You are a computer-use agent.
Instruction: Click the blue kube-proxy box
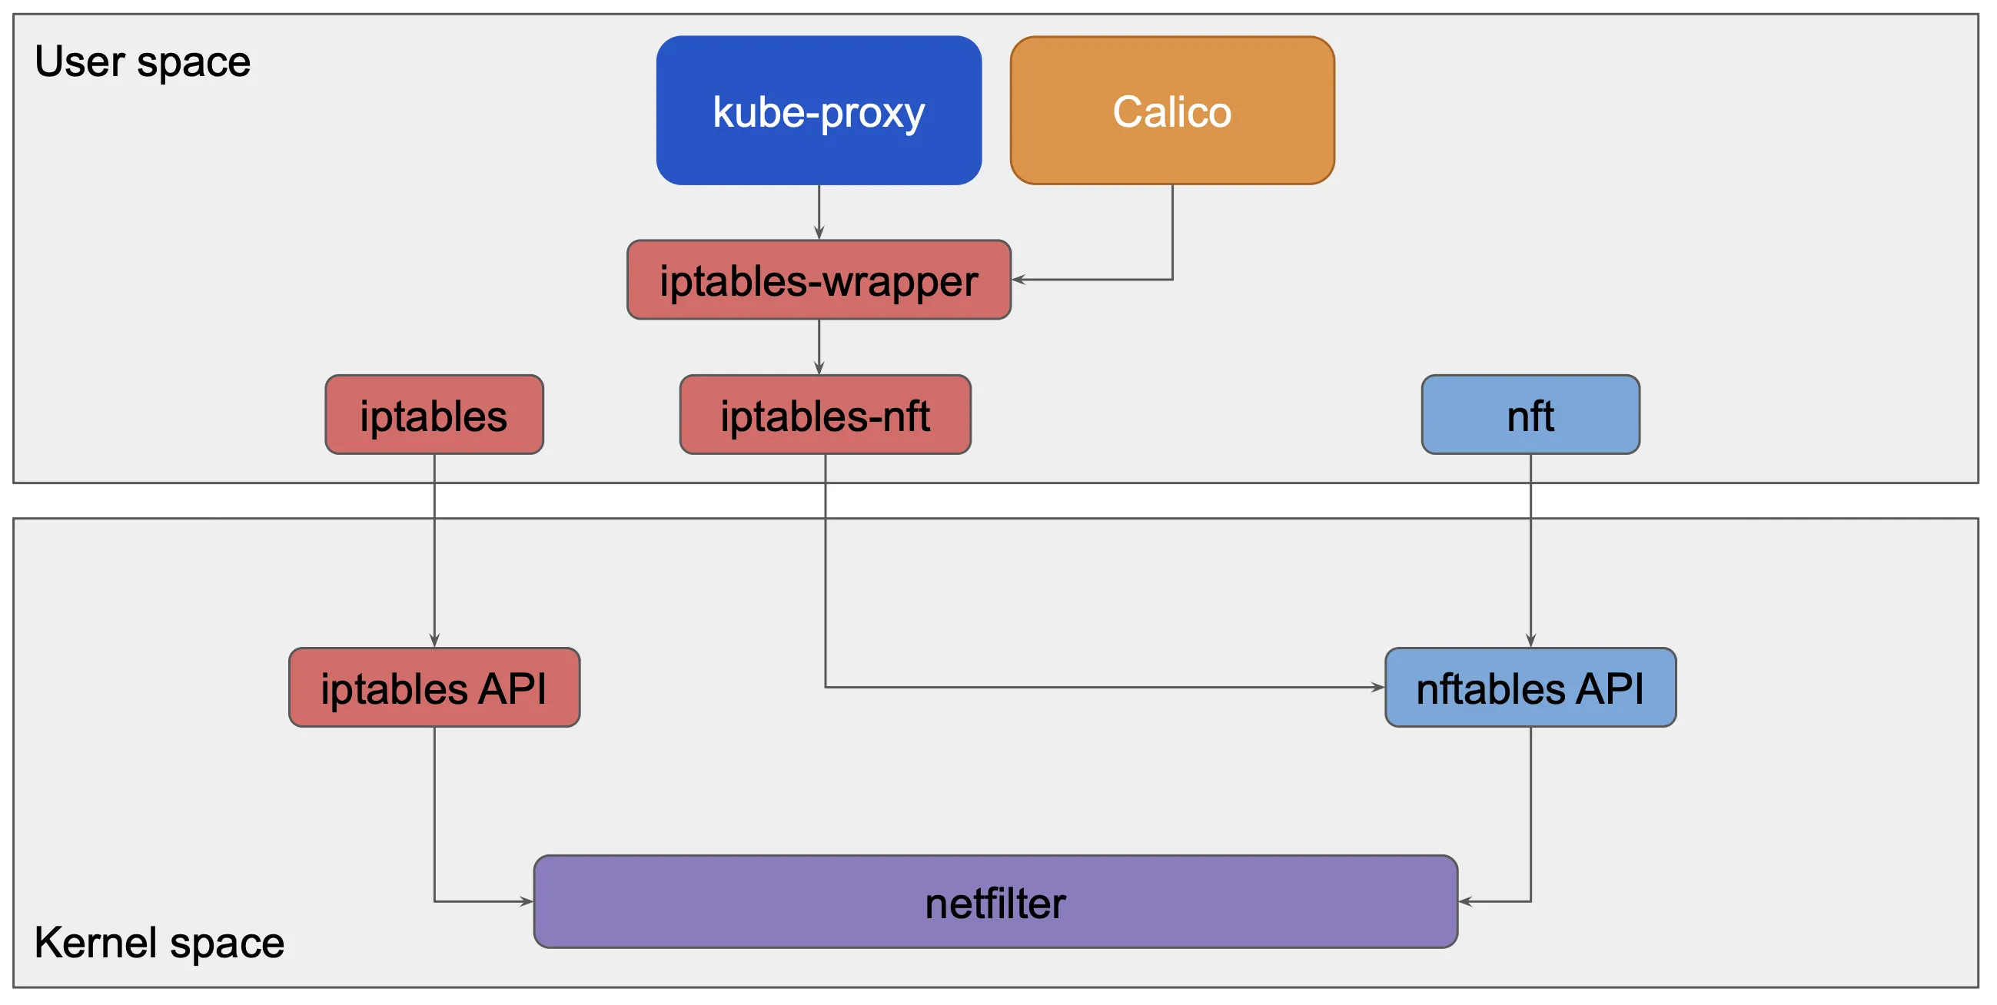(x=819, y=110)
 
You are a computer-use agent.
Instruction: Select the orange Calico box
(x=1172, y=110)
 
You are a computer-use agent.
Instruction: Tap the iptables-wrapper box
(x=819, y=280)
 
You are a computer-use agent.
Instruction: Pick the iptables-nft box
(x=825, y=415)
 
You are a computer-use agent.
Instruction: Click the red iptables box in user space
(x=434, y=415)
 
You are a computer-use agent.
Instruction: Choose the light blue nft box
(x=1530, y=415)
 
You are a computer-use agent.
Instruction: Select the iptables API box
(x=434, y=688)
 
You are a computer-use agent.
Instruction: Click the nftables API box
(x=1530, y=688)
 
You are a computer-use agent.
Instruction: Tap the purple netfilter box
(x=995, y=901)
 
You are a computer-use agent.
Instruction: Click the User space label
(x=143, y=62)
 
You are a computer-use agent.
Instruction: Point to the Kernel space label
(x=159, y=942)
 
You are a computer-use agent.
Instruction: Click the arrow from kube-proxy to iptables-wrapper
(x=819, y=213)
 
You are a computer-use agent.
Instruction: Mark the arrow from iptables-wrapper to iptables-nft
(x=819, y=347)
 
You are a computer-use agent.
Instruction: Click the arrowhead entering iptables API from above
(x=434, y=640)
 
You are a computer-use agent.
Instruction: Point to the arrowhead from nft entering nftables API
(x=1530, y=640)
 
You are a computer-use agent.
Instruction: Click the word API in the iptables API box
(x=512, y=688)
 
